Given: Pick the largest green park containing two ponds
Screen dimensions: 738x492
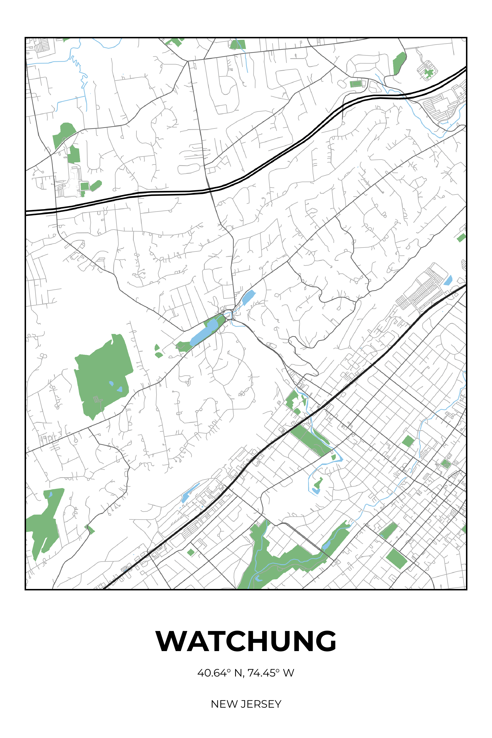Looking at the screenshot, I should pos(102,373).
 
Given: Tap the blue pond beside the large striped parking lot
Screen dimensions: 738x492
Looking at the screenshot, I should pos(448,280).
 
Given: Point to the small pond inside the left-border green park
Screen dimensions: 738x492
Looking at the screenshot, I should pos(50,495).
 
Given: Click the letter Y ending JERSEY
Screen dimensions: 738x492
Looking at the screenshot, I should pos(278,704).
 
